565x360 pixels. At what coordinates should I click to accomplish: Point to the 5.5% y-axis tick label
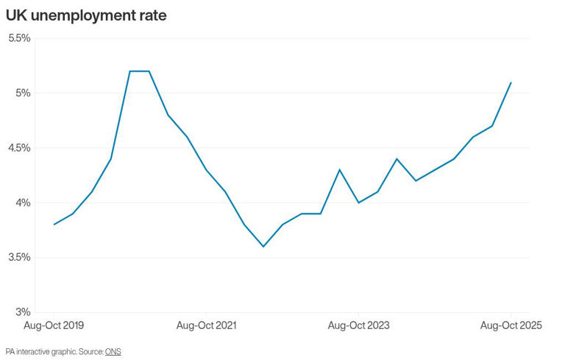coord(18,38)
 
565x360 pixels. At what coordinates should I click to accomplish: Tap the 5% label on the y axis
coord(23,93)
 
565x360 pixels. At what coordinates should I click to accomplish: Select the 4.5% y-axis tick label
coord(18,147)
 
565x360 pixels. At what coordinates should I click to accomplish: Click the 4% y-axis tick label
coord(23,202)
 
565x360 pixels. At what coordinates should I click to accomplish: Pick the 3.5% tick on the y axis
coord(18,257)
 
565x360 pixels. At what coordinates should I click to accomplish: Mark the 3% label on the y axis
coord(23,312)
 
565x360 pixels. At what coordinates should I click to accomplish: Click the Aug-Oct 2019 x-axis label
coord(54,325)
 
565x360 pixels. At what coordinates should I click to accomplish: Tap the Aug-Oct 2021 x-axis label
coord(206,325)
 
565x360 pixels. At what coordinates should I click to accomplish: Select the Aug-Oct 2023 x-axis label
coord(358,325)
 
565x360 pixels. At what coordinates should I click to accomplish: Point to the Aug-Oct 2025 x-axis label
coord(511,325)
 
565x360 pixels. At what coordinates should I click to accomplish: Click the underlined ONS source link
coord(113,352)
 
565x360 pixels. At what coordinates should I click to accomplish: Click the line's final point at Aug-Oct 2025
coord(511,82)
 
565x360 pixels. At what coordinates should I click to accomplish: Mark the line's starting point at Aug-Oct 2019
coord(54,225)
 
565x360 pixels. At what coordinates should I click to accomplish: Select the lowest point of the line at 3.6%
coord(263,247)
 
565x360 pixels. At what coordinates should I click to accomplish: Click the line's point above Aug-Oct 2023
coord(358,202)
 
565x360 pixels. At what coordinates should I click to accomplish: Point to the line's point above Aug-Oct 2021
coord(206,170)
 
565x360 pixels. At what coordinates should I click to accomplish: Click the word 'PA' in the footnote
coord(10,352)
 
